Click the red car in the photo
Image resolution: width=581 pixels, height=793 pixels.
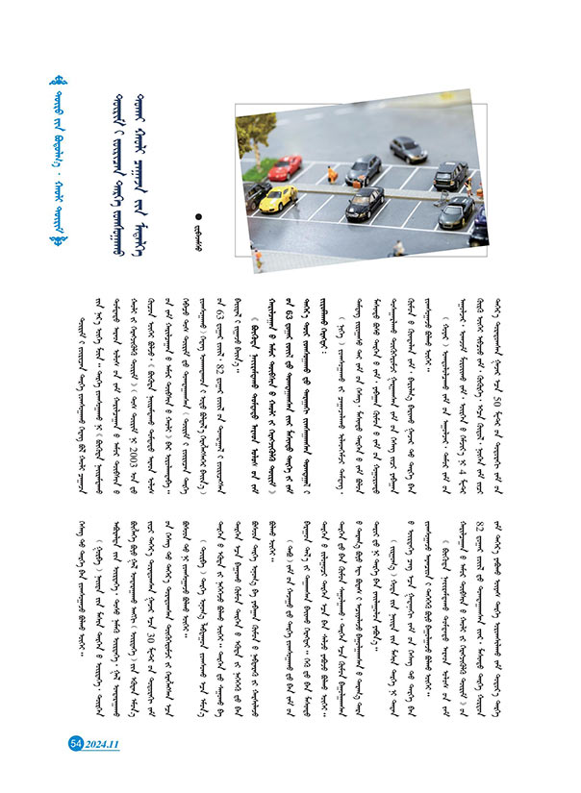286,167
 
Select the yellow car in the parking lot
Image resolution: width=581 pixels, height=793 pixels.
278,198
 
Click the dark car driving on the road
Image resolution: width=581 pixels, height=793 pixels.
408,149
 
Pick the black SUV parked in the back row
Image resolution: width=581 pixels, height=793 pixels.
450,175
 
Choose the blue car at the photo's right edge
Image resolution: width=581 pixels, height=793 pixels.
478,231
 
